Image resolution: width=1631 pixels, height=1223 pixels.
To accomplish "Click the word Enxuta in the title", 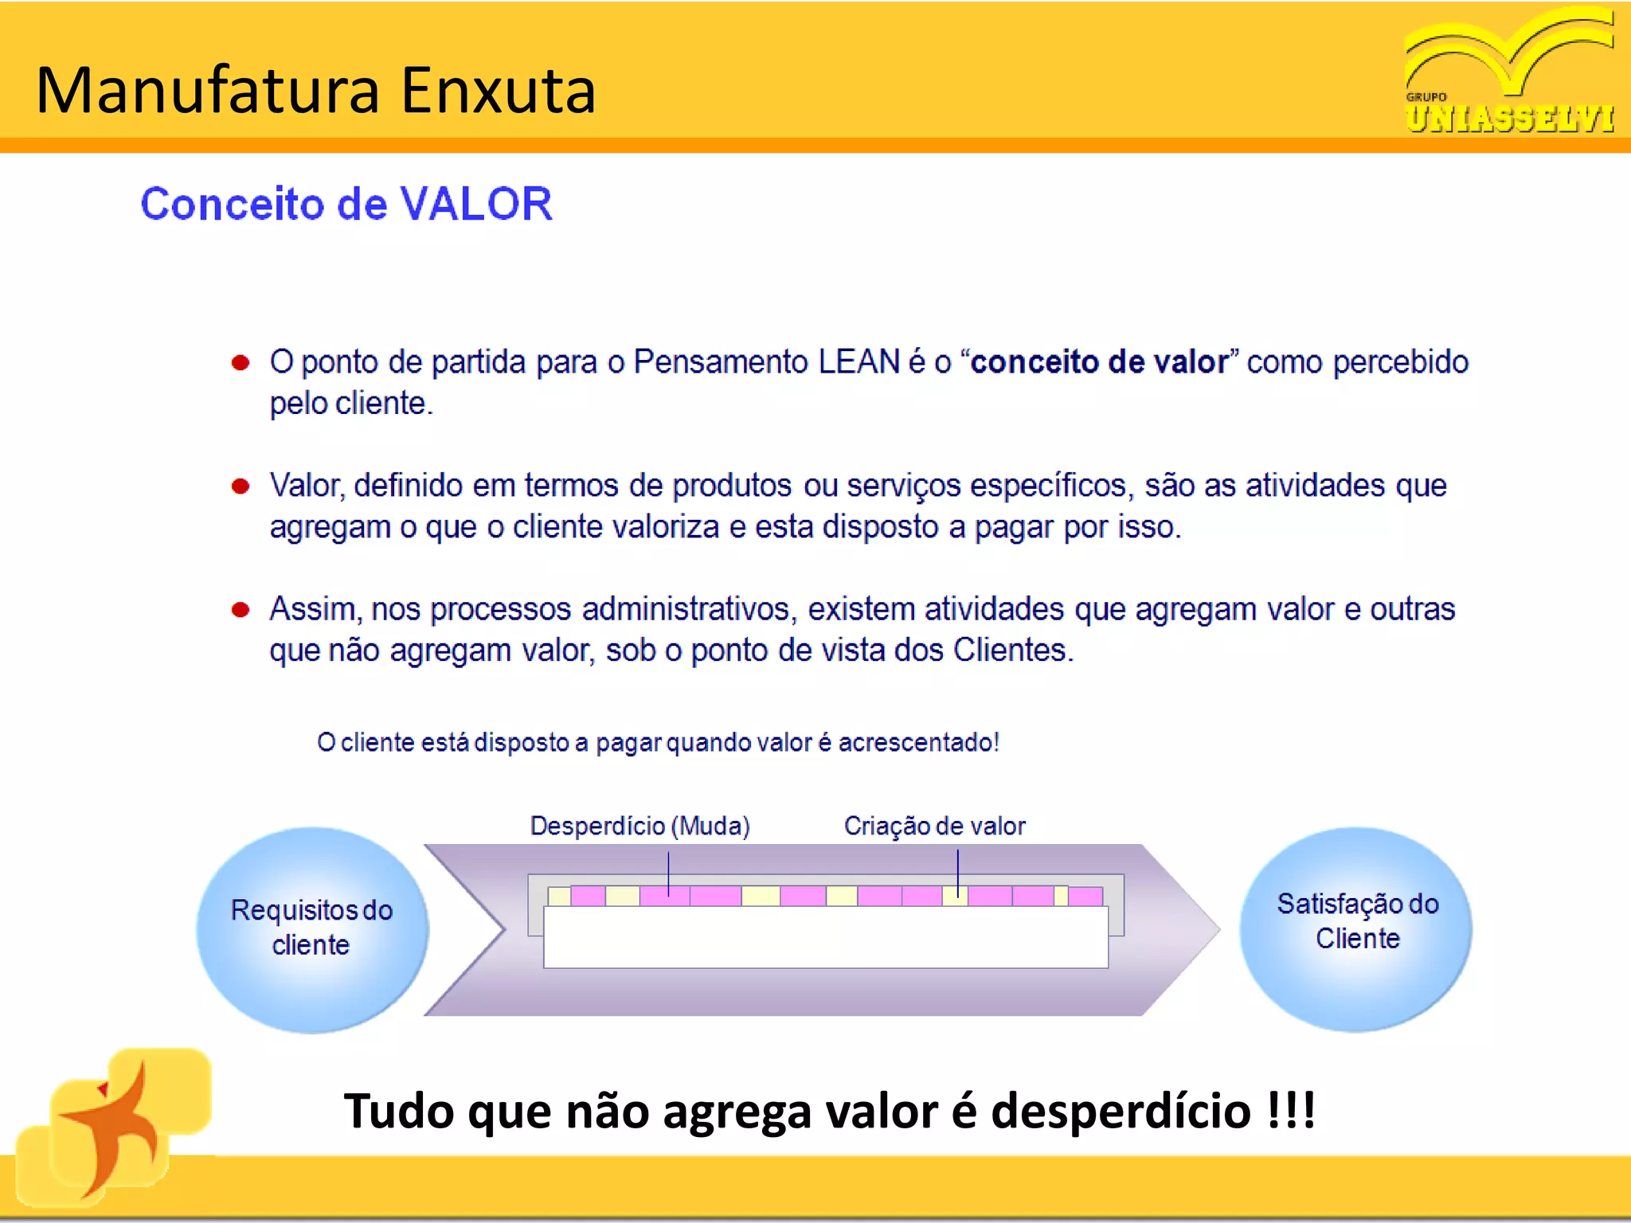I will (498, 91).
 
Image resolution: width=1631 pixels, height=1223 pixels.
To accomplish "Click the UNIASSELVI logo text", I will (1509, 119).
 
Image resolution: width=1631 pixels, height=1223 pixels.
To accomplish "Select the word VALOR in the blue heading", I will (475, 204).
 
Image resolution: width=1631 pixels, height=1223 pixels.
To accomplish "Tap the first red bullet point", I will (241, 363).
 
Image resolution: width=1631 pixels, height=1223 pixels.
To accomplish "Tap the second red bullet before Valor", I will (241, 486).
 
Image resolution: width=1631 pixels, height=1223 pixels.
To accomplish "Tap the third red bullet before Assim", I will (241, 610).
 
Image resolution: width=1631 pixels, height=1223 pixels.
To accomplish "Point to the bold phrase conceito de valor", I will (1100, 362).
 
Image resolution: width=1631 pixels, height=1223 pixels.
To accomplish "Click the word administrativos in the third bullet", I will (686, 609).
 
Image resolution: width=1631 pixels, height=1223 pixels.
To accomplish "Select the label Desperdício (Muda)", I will (639, 826).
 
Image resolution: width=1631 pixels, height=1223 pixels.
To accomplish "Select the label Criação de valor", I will (934, 826).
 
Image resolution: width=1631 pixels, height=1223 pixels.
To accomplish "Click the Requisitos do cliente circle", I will (311, 928).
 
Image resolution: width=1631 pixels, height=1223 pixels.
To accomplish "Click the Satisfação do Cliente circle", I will (1356, 928).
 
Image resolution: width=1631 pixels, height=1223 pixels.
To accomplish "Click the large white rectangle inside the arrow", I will (825, 937).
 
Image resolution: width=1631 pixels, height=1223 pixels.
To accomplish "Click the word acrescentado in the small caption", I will (916, 742).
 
